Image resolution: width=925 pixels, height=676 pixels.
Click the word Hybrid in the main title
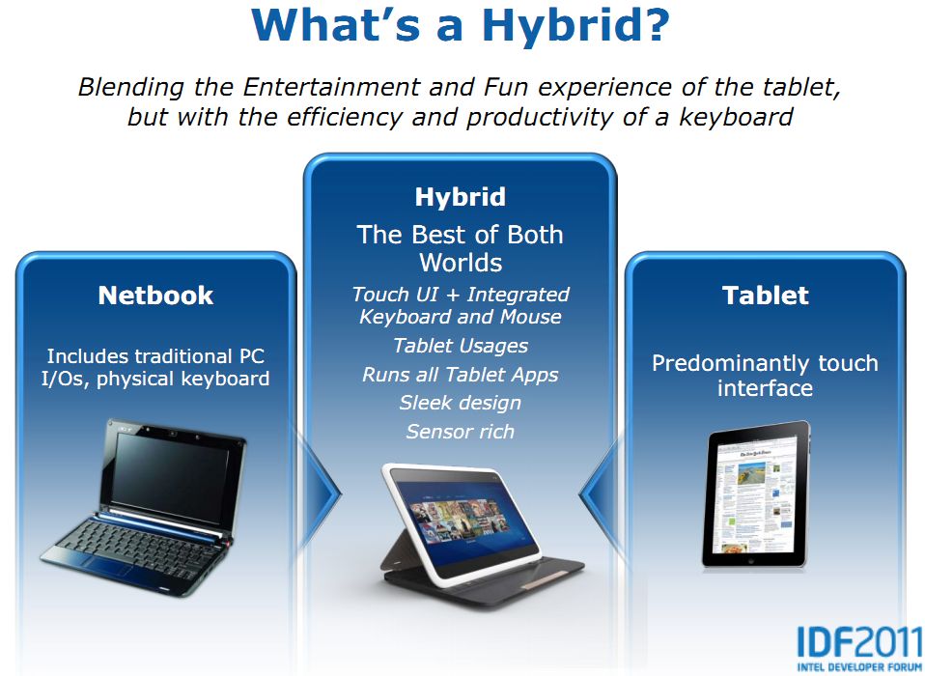(575, 25)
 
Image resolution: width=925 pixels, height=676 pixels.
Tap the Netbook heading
(155, 296)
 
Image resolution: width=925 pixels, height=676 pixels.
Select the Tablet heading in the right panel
(765, 296)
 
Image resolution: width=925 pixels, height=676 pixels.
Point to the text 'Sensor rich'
(461, 432)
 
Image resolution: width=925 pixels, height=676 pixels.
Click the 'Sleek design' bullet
(461, 403)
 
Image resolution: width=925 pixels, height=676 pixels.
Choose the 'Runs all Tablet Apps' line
(461, 375)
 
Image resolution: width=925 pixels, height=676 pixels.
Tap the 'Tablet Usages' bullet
(461, 346)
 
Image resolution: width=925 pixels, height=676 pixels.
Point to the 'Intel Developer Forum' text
(859, 667)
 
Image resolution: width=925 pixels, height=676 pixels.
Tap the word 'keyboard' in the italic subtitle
(736, 117)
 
